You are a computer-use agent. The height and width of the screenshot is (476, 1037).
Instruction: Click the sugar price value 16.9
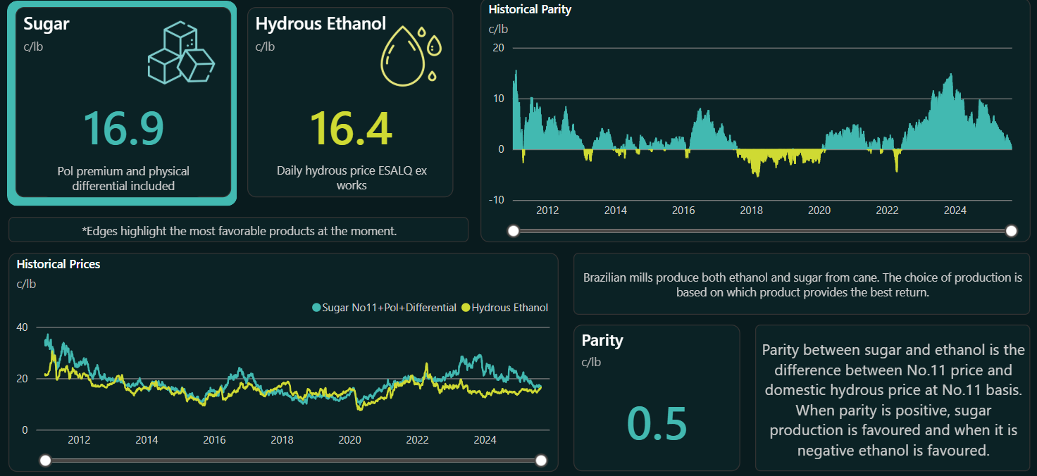point(123,128)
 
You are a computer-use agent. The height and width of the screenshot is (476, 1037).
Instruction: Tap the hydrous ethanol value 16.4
point(351,128)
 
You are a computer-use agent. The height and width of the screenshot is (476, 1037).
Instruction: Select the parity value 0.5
point(657,423)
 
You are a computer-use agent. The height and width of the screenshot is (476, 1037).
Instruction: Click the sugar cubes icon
point(180,53)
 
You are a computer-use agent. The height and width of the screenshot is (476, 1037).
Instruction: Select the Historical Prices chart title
point(58,264)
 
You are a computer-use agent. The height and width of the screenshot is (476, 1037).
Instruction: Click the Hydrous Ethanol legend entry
point(504,308)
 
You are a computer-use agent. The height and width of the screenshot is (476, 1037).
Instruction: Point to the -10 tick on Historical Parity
point(497,200)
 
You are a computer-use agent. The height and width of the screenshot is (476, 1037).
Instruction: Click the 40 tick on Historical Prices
point(22,327)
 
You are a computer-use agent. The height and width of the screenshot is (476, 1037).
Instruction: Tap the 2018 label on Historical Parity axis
point(751,211)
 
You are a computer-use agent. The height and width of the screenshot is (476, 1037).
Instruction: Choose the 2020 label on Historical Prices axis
point(349,440)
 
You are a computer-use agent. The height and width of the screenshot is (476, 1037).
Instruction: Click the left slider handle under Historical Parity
point(514,231)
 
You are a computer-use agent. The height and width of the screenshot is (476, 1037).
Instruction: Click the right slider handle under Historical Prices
point(541,461)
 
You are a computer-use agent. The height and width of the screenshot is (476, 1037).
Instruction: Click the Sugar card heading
point(46,24)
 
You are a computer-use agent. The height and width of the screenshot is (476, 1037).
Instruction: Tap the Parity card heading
point(602,340)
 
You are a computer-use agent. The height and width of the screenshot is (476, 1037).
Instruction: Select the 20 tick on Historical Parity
point(499,48)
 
